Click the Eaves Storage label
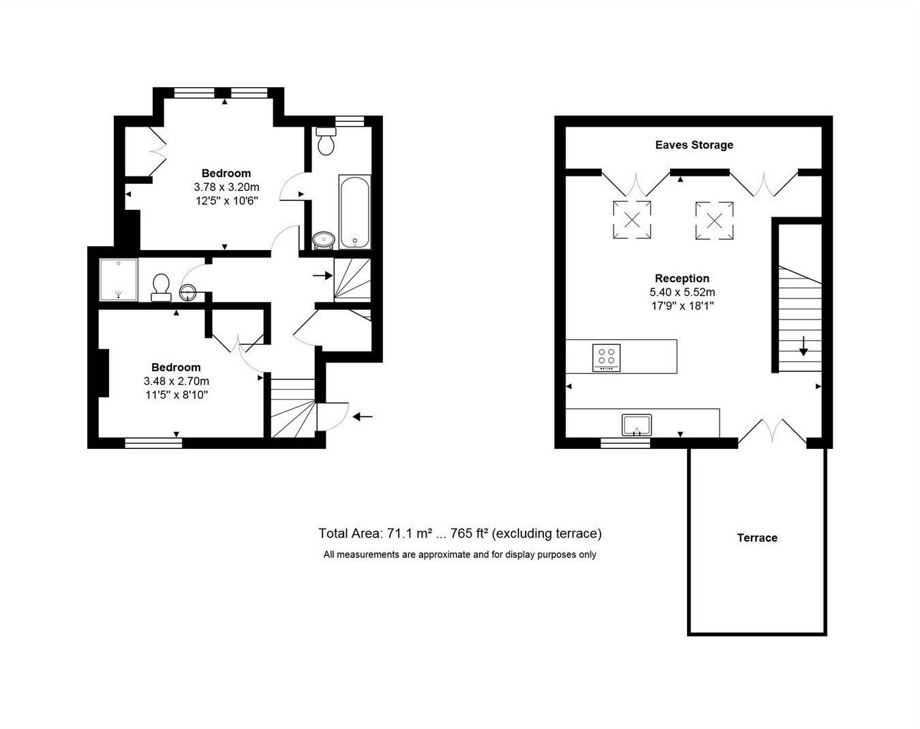tap(694, 145)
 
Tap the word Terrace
tap(757, 538)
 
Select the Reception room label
tap(682, 279)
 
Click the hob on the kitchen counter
tap(607, 358)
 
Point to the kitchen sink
tap(637, 425)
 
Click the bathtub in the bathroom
tap(354, 212)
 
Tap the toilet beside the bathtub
tap(326, 141)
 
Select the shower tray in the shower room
tap(119, 279)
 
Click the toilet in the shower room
tap(162, 288)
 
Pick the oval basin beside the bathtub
tap(324, 241)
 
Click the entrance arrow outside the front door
tap(363, 416)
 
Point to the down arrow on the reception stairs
tap(803, 346)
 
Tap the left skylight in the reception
tap(632, 220)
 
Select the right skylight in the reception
tap(714, 221)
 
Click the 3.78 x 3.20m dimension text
tap(226, 187)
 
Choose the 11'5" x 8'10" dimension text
tap(177, 394)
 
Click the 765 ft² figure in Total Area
tap(470, 533)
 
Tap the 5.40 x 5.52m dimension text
tap(682, 292)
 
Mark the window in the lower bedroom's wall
tap(153, 443)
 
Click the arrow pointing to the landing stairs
tap(323, 276)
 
